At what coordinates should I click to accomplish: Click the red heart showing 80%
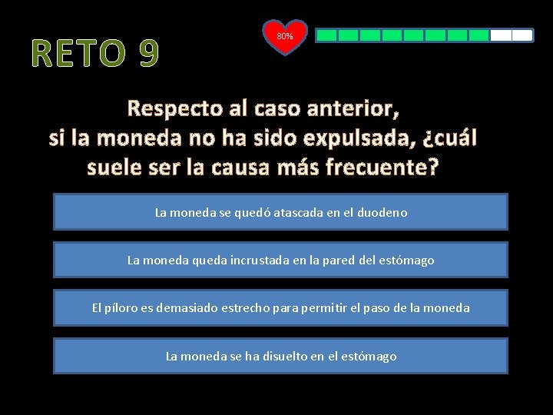pyautogui.click(x=285, y=37)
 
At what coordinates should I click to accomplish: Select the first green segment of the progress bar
pyautogui.click(x=327, y=35)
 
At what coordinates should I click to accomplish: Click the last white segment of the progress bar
pyautogui.click(x=522, y=35)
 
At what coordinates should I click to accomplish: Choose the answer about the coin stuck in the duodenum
pyautogui.click(x=280, y=212)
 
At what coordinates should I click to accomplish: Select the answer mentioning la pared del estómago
pyautogui.click(x=280, y=260)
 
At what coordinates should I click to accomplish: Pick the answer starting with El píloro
pyautogui.click(x=280, y=308)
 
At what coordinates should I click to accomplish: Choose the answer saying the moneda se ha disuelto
pyautogui.click(x=280, y=356)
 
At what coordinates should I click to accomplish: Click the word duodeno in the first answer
pyautogui.click(x=382, y=212)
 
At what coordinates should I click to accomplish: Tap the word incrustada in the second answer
pyautogui.click(x=254, y=260)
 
